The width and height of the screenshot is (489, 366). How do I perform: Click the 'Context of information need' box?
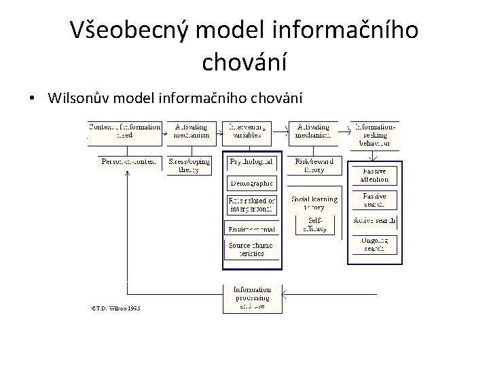tap(124, 131)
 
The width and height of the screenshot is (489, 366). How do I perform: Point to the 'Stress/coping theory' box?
tap(189, 165)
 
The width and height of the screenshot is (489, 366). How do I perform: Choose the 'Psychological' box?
tap(251, 162)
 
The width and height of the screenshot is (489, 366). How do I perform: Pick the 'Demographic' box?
tap(251, 182)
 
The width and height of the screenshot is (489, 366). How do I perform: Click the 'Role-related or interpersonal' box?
tap(251, 204)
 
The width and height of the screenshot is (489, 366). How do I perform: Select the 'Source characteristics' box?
tap(251, 249)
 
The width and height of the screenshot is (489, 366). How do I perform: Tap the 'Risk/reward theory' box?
tap(313, 165)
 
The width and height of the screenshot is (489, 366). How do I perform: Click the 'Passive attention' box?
tap(375, 175)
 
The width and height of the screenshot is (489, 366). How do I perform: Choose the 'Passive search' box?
tap(375, 199)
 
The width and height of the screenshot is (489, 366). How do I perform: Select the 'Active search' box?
tap(375, 221)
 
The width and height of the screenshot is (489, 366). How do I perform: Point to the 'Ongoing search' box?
tap(375, 244)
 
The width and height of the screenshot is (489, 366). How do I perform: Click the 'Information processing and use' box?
tap(253, 298)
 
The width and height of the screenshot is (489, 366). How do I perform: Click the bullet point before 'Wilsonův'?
tap(33, 99)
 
